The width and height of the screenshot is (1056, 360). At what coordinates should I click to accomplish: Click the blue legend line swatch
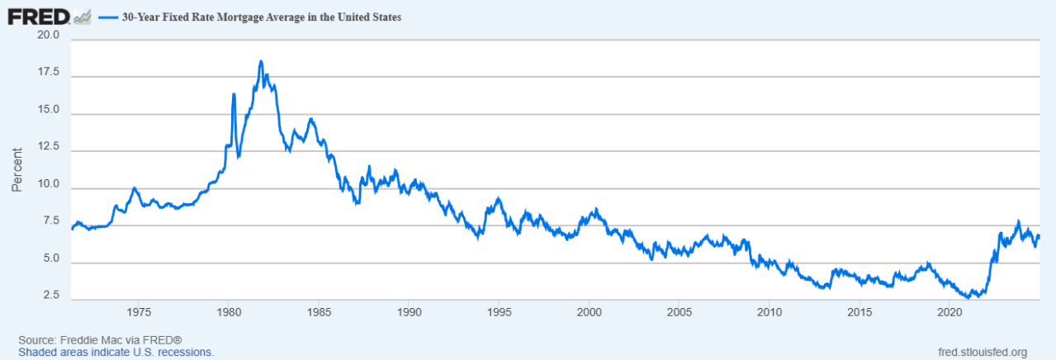coord(108,17)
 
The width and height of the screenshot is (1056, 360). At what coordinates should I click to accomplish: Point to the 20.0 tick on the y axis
coord(48,36)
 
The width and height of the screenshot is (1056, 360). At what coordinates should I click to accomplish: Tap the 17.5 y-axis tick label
coord(48,73)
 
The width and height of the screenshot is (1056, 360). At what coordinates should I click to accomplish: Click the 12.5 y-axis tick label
coord(48,147)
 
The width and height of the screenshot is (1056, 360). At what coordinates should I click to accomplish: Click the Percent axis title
coord(17,169)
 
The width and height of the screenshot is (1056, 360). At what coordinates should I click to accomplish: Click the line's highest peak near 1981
coord(261,61)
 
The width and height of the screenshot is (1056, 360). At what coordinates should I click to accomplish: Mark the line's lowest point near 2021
coord(968,297)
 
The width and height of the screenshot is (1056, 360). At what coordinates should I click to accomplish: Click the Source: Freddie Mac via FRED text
coord(99,340)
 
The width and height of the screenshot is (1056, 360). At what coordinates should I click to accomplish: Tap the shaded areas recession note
coord(116,352)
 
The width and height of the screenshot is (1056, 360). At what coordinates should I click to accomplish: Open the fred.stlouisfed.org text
coord(983,352)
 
